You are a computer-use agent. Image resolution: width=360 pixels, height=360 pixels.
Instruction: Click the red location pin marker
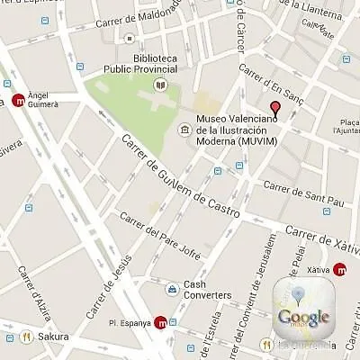tap(275, 112)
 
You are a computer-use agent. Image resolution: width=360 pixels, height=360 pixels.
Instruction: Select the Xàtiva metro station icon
tap(340, 268)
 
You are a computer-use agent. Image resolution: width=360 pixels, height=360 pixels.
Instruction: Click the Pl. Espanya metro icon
tap(161, 322)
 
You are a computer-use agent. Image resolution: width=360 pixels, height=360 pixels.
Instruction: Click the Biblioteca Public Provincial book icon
tap(160, 85)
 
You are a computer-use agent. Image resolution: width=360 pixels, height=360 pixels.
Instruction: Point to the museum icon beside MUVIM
tap(184, 130)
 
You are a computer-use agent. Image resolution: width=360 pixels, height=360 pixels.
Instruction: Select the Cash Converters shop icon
tap(171, 289)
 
